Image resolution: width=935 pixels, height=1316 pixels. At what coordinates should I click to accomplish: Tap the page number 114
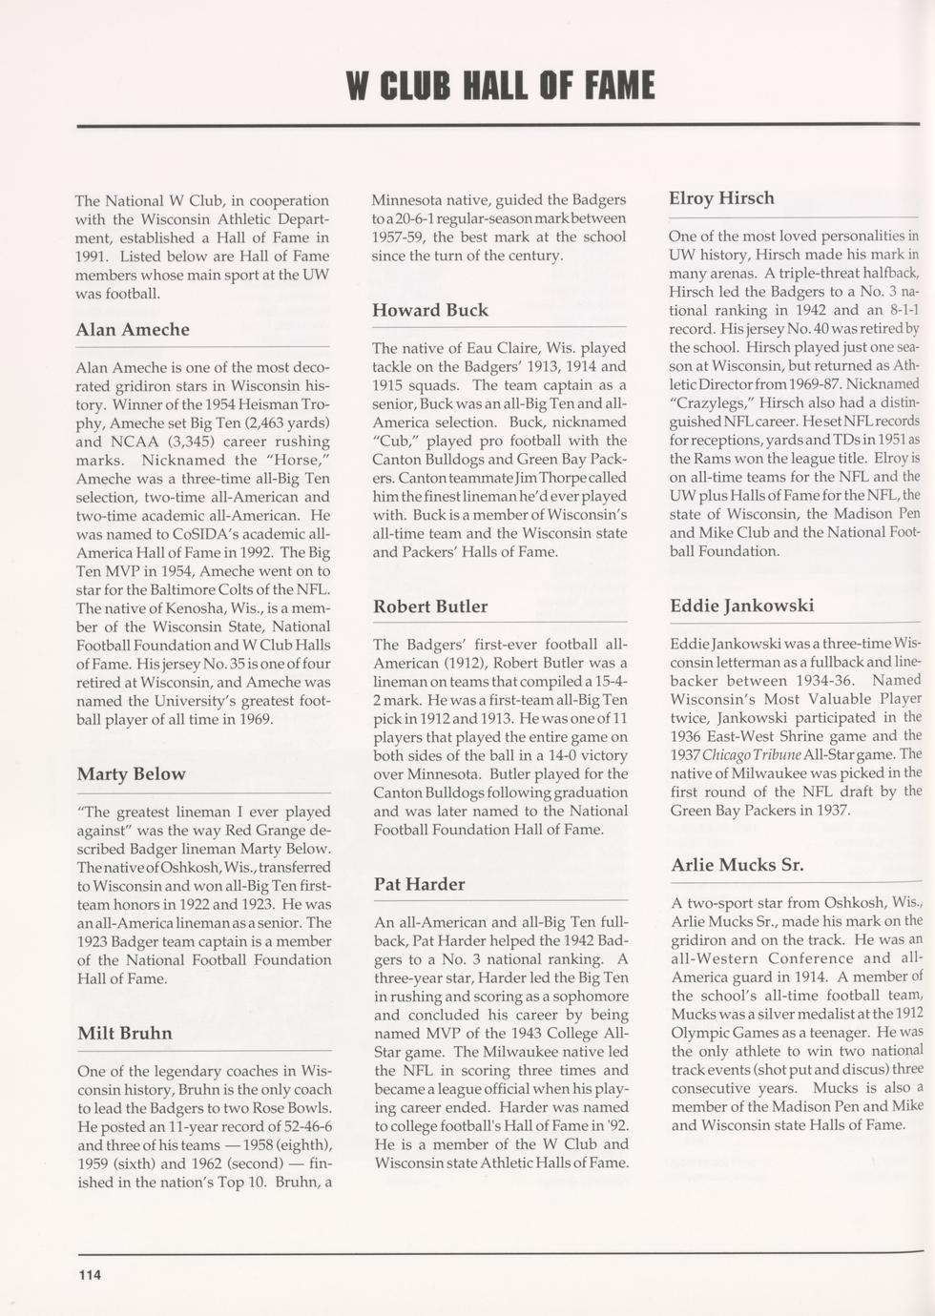tap(90, 1274)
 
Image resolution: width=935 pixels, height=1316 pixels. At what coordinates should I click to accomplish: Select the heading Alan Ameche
tap(133, 330)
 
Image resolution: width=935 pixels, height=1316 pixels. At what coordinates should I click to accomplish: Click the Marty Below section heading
tap(132, 774)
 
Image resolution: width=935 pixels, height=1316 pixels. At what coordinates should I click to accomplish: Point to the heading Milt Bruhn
tap(125, 1034)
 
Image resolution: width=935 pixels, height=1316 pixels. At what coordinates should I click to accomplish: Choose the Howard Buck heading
tap(429, 311)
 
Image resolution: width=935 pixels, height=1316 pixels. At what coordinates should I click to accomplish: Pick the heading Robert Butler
tap(430, 607)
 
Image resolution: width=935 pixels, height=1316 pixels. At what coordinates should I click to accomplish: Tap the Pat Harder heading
tap(419, 885)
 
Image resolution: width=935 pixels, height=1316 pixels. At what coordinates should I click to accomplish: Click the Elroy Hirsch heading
tap(721, 199)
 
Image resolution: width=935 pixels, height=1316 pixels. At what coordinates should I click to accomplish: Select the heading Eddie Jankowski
tap(741, 607)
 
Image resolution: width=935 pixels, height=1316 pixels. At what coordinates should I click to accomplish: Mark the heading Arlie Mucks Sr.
tap(737, 866)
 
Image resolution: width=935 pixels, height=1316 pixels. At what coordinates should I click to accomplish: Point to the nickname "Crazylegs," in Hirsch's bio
tap(704, 402)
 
